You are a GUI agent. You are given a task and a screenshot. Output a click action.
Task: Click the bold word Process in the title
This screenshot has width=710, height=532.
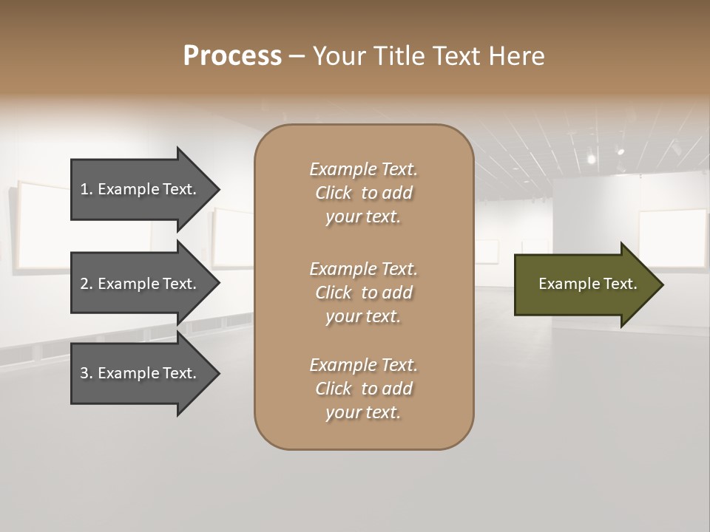click(232, 56)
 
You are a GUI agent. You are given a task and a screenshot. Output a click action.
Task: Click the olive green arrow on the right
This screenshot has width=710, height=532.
click(584, 284)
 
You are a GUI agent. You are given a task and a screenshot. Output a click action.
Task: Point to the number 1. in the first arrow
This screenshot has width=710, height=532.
click(87, 189)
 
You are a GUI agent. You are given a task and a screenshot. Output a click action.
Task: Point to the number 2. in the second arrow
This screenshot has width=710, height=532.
click(87, 284)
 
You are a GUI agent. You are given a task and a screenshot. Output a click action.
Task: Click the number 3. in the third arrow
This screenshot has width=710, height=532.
click(87, 373)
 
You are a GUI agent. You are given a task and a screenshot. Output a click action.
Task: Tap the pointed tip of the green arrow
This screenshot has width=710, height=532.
click(660, 284)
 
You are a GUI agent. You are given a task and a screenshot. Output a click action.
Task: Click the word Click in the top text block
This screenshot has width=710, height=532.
click(334, 193)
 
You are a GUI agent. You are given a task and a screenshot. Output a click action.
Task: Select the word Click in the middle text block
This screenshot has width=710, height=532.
click(334, 293)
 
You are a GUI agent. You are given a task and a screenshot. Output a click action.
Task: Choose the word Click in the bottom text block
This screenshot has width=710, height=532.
click(334, 389)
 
